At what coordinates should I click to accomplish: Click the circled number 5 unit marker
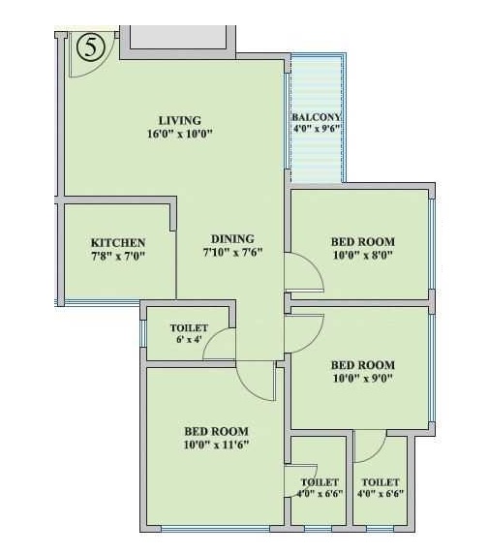(91, 47)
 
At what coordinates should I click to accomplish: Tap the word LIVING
(180, 120)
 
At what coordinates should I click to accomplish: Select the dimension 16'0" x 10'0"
(180, 134)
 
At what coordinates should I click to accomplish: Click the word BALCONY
(316, 117)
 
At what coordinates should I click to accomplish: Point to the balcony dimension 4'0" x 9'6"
(316, 128)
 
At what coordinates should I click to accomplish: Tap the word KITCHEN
(118, 243)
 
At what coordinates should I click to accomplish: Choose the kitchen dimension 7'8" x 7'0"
(118, 256)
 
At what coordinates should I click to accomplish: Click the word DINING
(232, 239)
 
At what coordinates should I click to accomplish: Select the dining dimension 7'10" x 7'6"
(232, 252)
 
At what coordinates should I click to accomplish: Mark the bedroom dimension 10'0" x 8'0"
(363, 255)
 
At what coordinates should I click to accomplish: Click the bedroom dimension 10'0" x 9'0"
(363, 379)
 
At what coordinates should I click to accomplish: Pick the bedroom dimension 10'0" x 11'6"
(216, 445)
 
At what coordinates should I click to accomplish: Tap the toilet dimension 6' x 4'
(189, 340)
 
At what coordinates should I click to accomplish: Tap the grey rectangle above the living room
(177, 37)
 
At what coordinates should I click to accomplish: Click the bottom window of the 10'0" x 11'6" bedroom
(215, 529)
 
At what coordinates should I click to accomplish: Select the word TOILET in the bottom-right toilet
(381, 482)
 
